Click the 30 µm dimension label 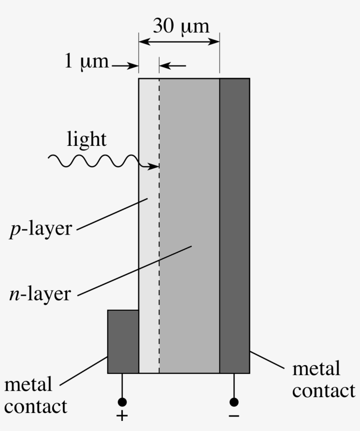pyautogui.click(x=181, y=26)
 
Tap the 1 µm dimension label pyautogui.click(x=86, y=61)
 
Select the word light pyautogui.click(x=86, y=139)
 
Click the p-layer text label pyautogui.click(x=40, y=229)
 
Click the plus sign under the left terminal pyautogui.click(x=122, y=416)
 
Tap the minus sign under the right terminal pyautogui.click(x=234, y=416)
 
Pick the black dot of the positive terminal pyautogui.click(x=122, y=402)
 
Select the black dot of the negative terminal pyautogui.click(x=234, y=402)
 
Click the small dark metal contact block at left pyautogui.click(x=123, y=341)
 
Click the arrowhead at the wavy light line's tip pyautogui.click(x=155, y=167)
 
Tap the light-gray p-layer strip pyautogui.click(x=149, y=264)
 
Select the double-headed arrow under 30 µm pyautogui.click(x=179, y=42)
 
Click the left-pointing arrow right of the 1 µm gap pyautogui.click(x=172, y=66)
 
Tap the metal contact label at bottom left pyautogui.click(x=36, y=395)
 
